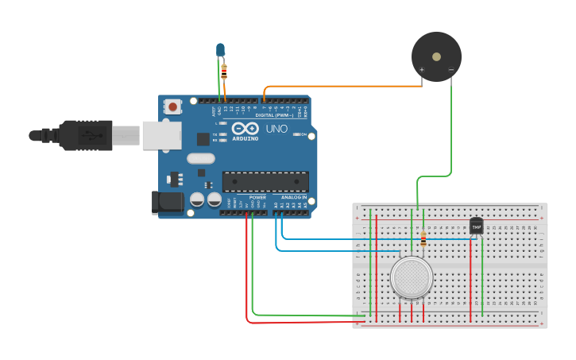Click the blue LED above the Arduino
220,50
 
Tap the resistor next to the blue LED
224,71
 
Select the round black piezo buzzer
436,56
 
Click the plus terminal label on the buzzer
422,70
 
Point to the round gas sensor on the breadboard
412,277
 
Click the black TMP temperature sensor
476,226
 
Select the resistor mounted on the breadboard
423,239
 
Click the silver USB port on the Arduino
162,135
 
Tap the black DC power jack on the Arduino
168,202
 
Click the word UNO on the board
276,128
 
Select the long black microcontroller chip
265,181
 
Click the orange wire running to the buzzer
342,86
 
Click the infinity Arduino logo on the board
245,129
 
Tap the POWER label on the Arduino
257,197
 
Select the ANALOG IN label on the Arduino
293,197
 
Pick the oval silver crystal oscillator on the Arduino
202,158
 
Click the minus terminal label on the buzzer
450,70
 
